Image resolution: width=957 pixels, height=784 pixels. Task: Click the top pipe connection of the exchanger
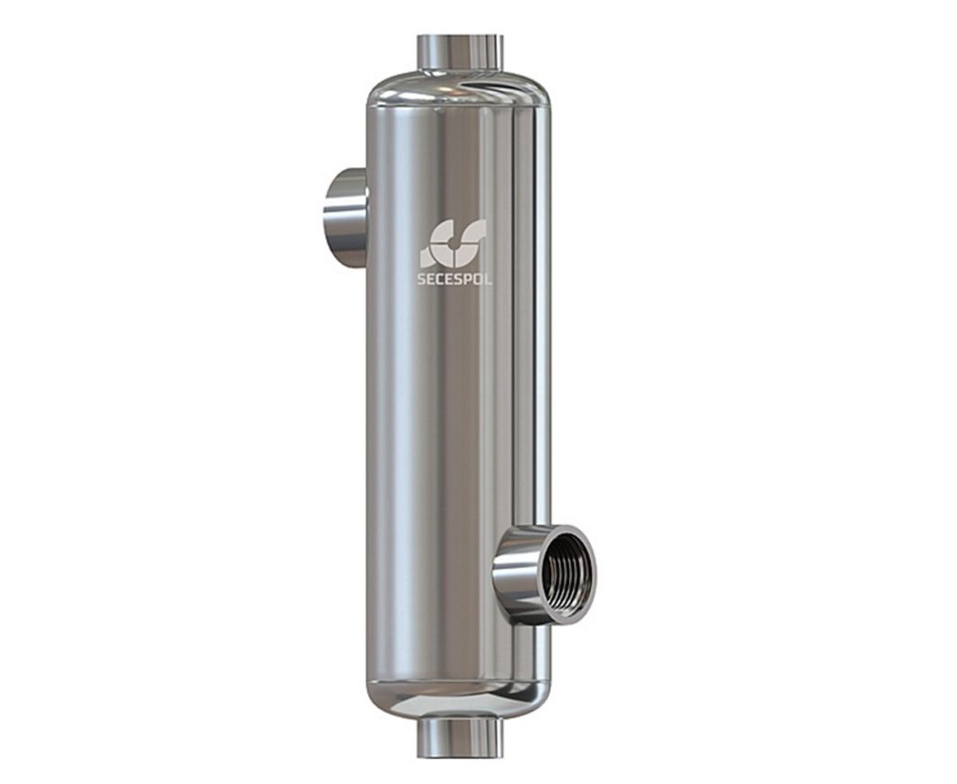click(459, 54)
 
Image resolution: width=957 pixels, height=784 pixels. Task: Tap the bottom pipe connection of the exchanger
click(459, 736)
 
